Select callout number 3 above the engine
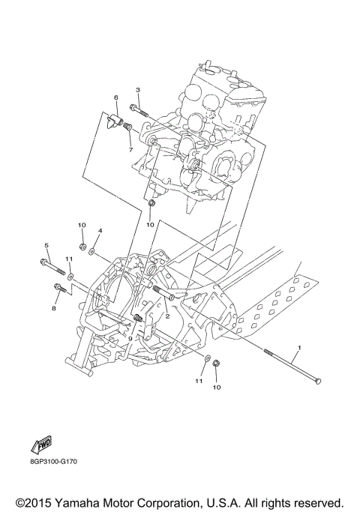pyautogui.click(x=137, y=91)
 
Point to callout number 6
pyautogui.click(x=116, y=97)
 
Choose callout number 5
pyautogui.click(x=46, y=246)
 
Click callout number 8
pyautogui.click(x=54, y=307)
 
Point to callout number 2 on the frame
pyautogui.click(x=167, y=316)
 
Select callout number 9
pyautogui.click(x=130, y=339)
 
